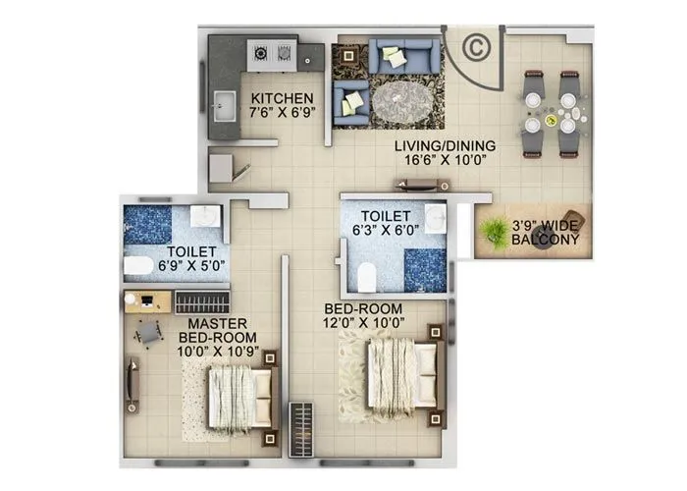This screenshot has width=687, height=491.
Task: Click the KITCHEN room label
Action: coord(282,99)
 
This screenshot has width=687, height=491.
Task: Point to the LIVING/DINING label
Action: coord(445,147)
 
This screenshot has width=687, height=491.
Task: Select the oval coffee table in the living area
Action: coord(397,98)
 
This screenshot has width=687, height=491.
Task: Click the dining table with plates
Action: coord(552,113)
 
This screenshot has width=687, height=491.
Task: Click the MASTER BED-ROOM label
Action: coord(203,330)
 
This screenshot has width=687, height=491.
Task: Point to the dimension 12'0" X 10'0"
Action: coord(364,321)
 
